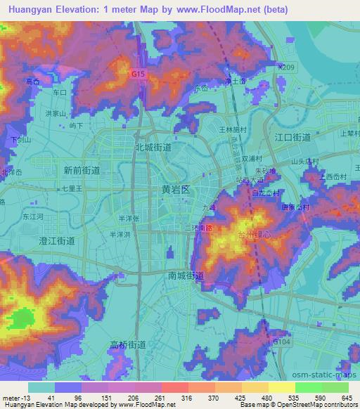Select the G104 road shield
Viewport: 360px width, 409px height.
tap(282, 341)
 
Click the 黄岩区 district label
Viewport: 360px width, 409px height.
tap(176, 190)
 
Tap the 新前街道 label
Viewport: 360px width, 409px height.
tap(81, 170)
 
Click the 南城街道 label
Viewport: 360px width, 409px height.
tap(186, 275)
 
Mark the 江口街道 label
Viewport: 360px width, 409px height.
tap(292, 137)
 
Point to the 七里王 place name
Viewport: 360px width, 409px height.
tap(72, 189)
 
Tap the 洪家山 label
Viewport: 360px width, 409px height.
tap(55, 113)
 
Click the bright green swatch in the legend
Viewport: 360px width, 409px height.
tap(308, 387)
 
